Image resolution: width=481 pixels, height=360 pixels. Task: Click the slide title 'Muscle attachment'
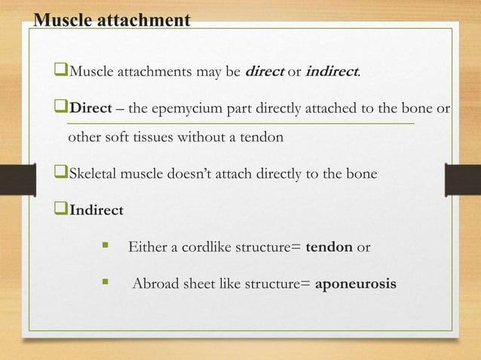tap(111, 20)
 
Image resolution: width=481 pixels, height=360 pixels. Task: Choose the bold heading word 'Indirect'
tap(97, 210)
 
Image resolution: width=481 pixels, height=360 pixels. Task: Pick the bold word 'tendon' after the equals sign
tap(330, 247)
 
